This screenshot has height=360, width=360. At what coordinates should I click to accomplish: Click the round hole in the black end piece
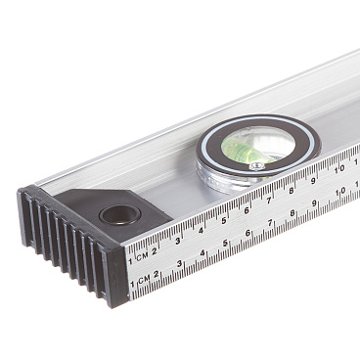point(119,215)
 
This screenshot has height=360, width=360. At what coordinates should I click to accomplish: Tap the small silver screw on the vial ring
point(257,166)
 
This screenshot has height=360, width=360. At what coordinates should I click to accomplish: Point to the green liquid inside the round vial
point(247,151)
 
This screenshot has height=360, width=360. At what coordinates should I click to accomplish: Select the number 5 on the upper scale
point(224,221)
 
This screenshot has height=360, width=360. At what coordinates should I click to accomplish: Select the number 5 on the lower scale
point(225,243)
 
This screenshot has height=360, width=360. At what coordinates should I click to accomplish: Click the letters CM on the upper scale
point(142,256)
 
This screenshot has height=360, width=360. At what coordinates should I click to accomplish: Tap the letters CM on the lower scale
point(144,279)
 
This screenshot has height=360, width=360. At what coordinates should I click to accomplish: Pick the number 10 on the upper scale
point(339,169)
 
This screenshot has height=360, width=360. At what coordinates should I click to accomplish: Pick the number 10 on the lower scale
point(340,192)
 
